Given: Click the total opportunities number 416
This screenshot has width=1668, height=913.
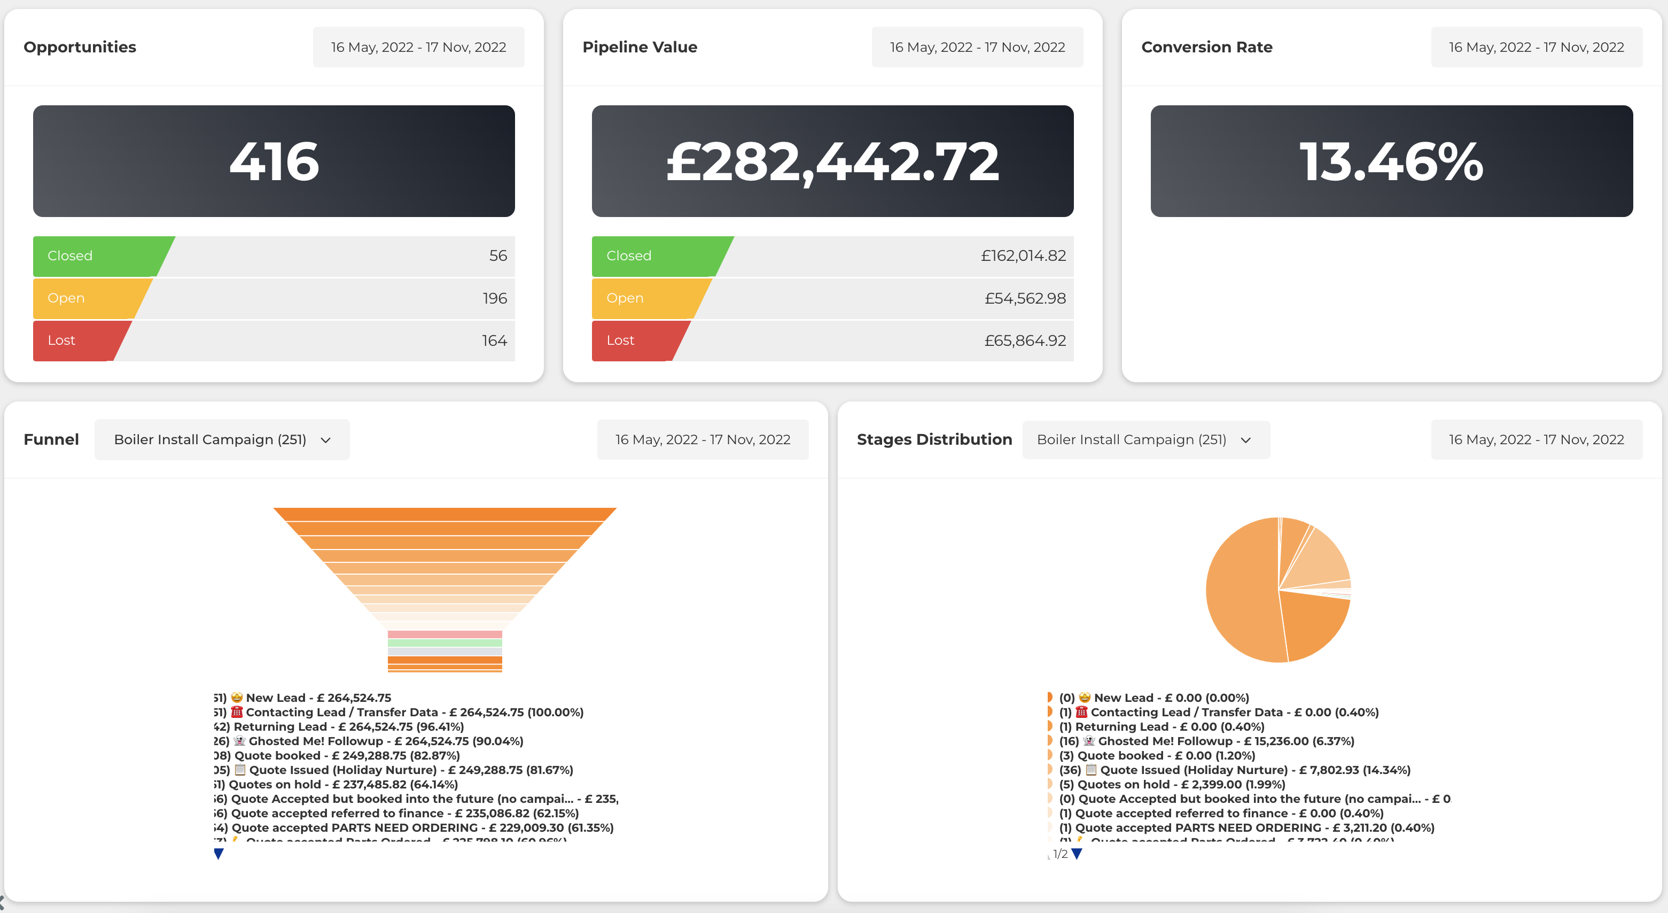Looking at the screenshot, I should tap(274, 161).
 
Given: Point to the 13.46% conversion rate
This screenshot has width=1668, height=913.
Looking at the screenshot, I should tap(1391, 161).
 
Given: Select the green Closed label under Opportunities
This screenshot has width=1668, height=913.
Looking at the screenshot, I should tap(70, 256).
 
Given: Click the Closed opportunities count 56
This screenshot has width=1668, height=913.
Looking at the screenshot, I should tap(497, 256).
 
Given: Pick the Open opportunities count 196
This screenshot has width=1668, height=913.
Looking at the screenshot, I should tap(494, 299).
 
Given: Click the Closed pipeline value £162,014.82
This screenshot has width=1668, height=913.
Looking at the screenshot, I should tap(1023, 256).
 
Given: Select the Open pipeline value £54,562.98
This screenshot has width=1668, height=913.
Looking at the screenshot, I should tap(1025, 299).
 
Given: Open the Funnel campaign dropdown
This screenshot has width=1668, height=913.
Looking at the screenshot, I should tap(222, 440).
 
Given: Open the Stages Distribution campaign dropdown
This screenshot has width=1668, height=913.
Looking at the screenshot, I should tap(1145, 440).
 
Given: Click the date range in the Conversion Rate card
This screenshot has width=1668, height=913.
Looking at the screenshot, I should tap(1536, 47).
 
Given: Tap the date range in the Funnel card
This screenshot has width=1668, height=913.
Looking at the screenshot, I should tap(703, 440).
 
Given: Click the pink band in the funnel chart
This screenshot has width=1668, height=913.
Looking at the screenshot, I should tap(445, 635).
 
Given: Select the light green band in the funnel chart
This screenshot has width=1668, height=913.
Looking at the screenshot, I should tap(445, 643).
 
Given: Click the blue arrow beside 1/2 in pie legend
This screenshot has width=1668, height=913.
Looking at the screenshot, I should tap(1077, 854).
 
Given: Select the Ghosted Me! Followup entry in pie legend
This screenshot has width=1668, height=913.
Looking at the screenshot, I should tap(1207, 741).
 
